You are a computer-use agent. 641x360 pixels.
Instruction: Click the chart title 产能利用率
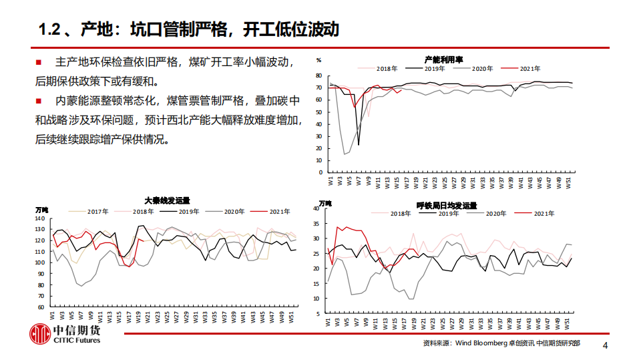coord(445,59)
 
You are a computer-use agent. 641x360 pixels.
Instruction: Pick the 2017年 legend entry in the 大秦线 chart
coord(97,212)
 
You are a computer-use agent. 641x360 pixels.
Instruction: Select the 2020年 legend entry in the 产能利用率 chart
coord(481,69)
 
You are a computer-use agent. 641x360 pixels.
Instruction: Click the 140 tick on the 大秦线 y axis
coord(40,218)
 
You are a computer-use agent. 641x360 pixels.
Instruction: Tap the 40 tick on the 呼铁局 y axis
coord(317,208)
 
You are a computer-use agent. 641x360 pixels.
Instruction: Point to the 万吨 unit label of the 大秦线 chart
coord(41,210)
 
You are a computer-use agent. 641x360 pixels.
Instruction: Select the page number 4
coord(605,345)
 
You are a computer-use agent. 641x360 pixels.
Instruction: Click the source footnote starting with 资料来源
coord(501,343)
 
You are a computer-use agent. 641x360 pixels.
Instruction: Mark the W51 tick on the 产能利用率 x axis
coord(568,181)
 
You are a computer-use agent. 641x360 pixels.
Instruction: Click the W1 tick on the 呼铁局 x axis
coord(329,322)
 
